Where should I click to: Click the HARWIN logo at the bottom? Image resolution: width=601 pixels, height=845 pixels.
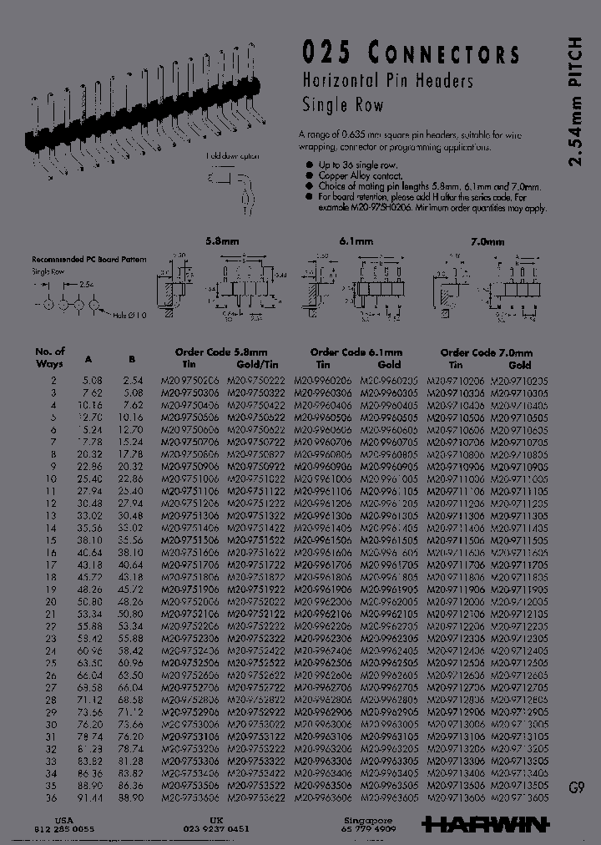pos(485,824)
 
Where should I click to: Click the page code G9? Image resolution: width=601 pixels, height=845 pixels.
pos(576,787)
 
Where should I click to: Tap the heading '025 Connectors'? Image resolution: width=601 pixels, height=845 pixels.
pos(410,54)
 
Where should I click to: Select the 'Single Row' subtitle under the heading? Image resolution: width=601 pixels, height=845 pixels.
pos(342,105)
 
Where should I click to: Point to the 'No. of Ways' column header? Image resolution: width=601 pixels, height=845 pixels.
pos(50,357)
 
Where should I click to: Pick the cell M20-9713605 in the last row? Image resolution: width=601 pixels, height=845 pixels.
pos(518,797)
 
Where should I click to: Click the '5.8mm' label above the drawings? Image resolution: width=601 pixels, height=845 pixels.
pos(222,240)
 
